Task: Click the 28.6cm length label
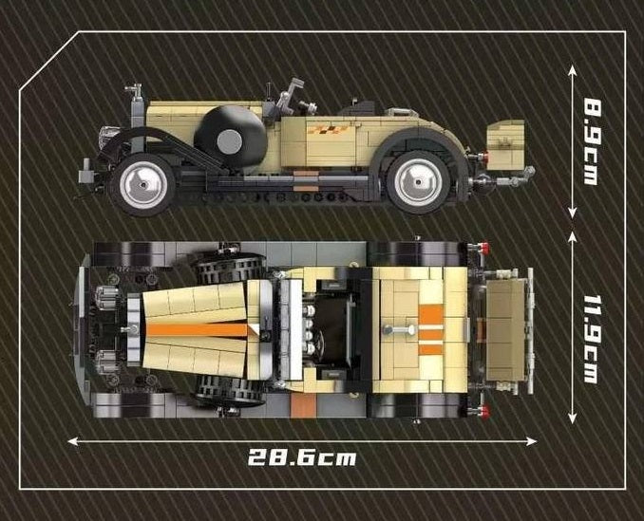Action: (x=302, y=456)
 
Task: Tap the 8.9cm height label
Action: (x=592, y=142)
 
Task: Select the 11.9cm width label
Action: (x=592, y=339)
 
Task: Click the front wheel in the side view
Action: (x=142, y=185)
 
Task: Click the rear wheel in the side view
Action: (x=418, y=182)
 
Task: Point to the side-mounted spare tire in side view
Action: (x=230, y=137)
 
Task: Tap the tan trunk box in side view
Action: (x=505, y=144)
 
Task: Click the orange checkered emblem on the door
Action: (x=328, y=130)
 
